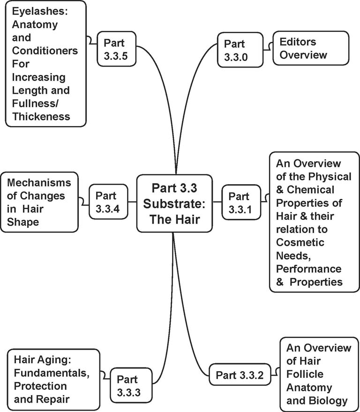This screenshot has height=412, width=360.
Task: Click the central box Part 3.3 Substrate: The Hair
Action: pyautogui.click(x=174, y=203)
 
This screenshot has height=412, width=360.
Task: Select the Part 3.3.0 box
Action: pyautogui.click(x=237, y=50)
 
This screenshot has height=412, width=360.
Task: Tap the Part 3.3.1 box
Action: pyautogui.click(x=240, y=202)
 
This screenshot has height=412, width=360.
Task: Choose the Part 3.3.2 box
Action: pyautogui.click(x=240, y=375)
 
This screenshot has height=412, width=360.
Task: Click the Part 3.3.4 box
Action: pyautogui.click(x=108, y=202)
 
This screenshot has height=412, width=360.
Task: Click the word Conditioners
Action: pyautogui.click(x=42, y=51)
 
